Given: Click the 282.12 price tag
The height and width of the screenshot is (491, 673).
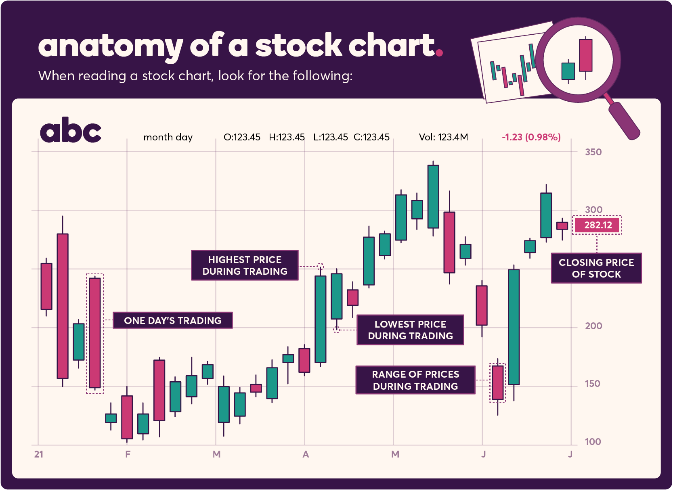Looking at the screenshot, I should pyautogui.click(x=598, y=225).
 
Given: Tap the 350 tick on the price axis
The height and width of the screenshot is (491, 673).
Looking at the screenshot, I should pyautogui.click(x=593, y=152).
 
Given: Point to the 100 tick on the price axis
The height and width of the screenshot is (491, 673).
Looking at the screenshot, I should pyautogui.click(x=593, y=442).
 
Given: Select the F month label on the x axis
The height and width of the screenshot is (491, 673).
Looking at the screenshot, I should pyautogui.click(x=128, y=454).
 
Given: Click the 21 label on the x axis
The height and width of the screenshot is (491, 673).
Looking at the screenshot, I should pyautogui.click(x=39, y=454).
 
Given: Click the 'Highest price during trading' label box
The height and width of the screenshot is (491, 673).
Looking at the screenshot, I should pyautogui.click(x=245, y=265).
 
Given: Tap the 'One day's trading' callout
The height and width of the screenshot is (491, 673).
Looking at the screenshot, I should pyautogui.click(x=172, y=320).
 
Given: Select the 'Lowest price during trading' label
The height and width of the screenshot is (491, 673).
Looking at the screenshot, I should pyautogui.click(x=410, y=330).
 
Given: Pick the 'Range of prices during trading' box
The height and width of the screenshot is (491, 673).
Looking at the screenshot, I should pyautogui.click(x=415, y=380).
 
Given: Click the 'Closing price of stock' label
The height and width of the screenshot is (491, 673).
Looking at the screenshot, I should pyautogui.click(x=596, y=268).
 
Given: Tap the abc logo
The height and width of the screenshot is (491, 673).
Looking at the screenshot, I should pyautogui.click(x=71, y=130).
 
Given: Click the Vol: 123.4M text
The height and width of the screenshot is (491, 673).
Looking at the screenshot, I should pyautogui.click(x=443, y=137).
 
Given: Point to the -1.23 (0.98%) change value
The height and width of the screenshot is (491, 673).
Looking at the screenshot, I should pyautogui.click(x=531, y=137).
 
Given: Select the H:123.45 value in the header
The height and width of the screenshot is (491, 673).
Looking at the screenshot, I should pyautogui.click(x=287, y=137).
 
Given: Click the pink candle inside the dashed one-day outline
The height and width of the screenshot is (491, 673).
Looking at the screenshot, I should pyautogui.click(x=95, y=332).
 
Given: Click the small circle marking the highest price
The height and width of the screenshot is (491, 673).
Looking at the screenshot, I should pyautogui.click(x=320, y=266).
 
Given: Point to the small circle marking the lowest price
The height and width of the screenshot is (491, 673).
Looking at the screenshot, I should pyautogui.click(x=336, y=330).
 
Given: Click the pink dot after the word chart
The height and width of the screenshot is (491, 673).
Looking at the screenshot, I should pyautogui.click(x=439, y=52).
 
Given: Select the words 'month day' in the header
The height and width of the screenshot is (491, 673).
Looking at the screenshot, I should pyautogui.click(x=168, y=137).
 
